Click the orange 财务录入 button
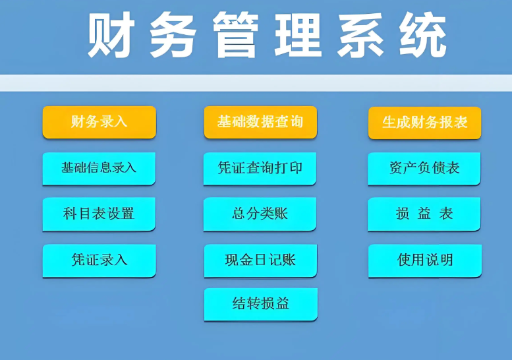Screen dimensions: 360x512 point(99,122)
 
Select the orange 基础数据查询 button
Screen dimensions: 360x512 point(260,122)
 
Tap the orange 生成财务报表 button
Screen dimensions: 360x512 point(424,123)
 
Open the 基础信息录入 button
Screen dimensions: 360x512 point(99,168)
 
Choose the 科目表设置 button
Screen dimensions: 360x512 point(99,214)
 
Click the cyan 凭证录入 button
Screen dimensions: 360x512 point(99,260)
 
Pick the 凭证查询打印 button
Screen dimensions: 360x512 point(260,168)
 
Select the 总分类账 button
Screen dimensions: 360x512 point(260,214)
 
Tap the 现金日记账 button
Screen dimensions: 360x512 point(260,260)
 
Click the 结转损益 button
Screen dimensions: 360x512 point(260,304)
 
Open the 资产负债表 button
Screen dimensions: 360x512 point(424,168)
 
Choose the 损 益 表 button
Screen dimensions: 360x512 point(424,214)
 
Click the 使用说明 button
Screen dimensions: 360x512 point(424,260)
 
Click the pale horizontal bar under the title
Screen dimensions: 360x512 point(256,83)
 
